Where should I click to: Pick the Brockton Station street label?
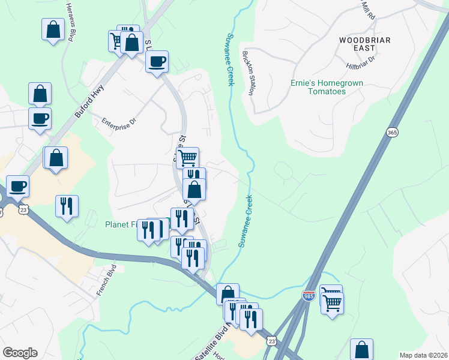pyautogui.click(x=247, y=73)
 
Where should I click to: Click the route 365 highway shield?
pyautogui.click(x=392, y=133)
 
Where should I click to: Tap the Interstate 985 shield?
pyautogui.click(x=309, y=295)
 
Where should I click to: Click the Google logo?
pyautogui.click(x=20, y=353)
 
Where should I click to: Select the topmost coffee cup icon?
pyautogui.click(x=157, y=61)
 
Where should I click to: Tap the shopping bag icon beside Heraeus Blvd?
pyautogui.click(x=53, y=29)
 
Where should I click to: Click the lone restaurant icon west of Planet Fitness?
pyautogui.click(x=66, y=206)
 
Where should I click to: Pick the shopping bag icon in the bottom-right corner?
pyautogui.click(x=361, y=349)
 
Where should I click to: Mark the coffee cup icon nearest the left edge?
pyautogui.click(x=17, y=186)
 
